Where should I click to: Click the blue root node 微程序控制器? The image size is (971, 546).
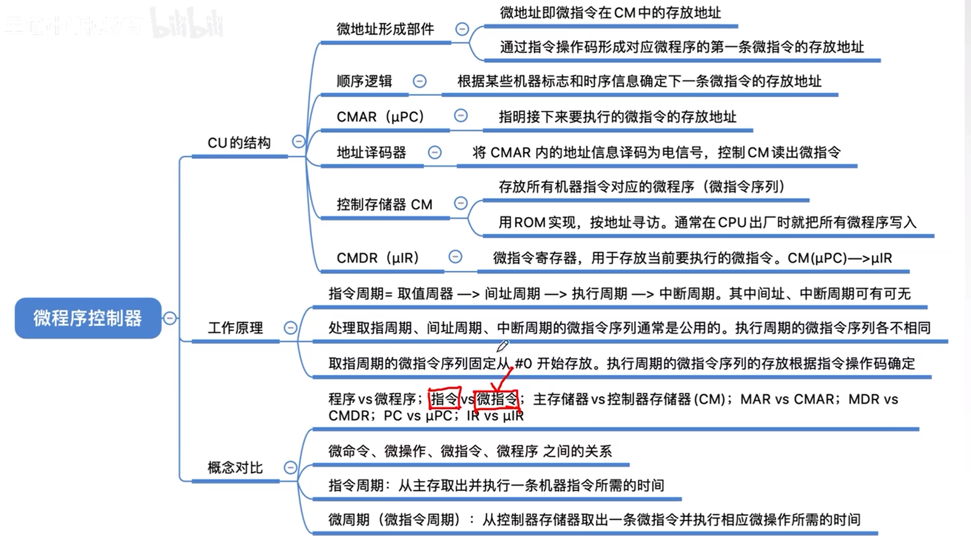click(x=88, y=318)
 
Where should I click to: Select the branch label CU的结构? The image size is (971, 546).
click(x=239, y=143)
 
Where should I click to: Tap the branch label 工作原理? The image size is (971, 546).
click(x=235, y=328)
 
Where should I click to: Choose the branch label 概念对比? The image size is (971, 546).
click(x=235, y=468)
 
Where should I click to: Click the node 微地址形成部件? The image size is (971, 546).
click(x=385, y=29)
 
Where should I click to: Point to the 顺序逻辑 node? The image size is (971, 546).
click(x=364, y=82)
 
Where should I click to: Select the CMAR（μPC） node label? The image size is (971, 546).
click(x=380, y=117)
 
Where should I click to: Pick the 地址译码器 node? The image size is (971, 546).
click(x=371, y=153)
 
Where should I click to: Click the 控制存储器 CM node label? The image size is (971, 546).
click(x=384, y=204)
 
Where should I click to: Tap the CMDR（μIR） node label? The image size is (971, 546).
click(x=378, y=258)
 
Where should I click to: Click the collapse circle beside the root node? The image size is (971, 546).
click(x=170, y=318)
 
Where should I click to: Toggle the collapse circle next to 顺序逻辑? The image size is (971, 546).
click(x=420, y=82)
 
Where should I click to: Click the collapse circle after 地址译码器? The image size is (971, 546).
click(x=435, y=153)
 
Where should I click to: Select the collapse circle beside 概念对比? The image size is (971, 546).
click(x=290, y=468)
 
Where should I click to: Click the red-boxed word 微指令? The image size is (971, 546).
click(x=496, y=400)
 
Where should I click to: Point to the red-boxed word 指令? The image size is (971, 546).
click(x=444, y=399)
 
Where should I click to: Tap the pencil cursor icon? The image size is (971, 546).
click(x=502, y=346)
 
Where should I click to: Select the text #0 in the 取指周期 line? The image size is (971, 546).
click(x=523, y=364)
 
